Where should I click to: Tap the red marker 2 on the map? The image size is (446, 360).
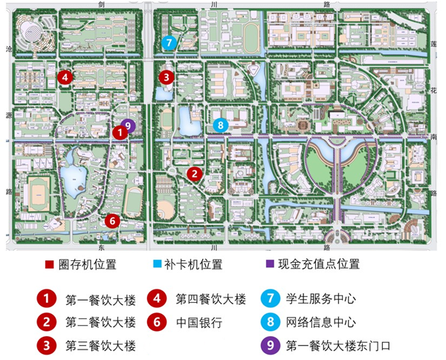coord(194,174)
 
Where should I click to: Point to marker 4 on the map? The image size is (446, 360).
coord(65,76)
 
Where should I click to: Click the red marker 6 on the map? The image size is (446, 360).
coord(111,220)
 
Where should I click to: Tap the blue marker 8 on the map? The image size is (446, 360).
coord(220,124)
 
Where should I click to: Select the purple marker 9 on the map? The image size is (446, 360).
coord(129,126)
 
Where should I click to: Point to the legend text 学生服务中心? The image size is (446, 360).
coord(321,300)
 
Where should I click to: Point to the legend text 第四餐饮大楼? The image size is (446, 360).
coord(210,300)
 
